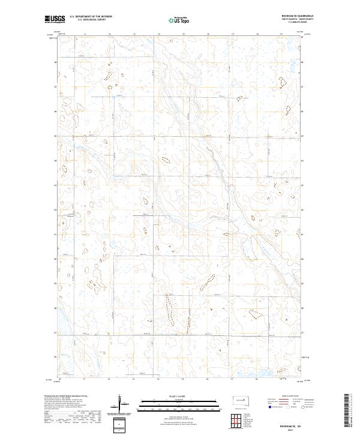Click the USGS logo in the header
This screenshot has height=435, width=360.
tap(55, 20)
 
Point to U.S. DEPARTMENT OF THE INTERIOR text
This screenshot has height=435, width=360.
tap(91, 17)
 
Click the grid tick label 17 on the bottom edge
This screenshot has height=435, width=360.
tap(232, 379)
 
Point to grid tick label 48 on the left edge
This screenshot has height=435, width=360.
tap(56, 62)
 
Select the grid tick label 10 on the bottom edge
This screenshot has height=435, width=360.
tap(60, 379)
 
